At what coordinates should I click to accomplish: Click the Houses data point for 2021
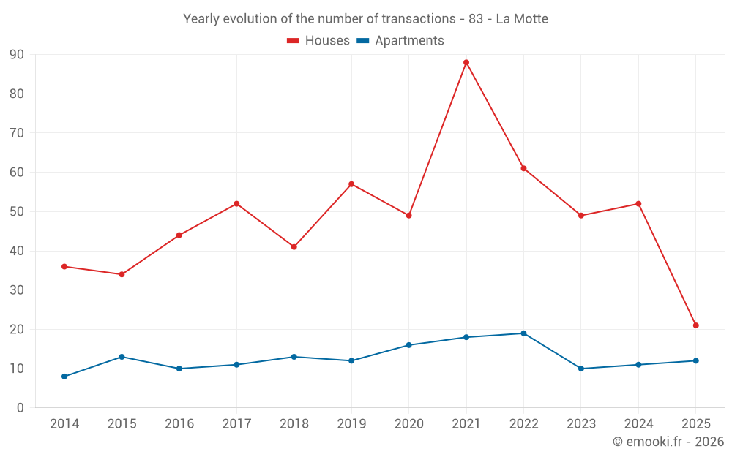coord(466,62)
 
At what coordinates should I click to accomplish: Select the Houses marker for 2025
coord(696,325)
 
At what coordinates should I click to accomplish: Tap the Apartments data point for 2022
coord(523,333)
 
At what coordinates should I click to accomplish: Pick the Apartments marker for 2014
coord(64,377)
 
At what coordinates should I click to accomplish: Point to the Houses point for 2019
coord(351,184)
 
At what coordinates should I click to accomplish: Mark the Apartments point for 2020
coord(408,345)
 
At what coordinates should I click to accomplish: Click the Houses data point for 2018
coord(294,247)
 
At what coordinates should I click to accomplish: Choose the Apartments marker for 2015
coord(122,357)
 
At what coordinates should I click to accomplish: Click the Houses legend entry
coord(318,41)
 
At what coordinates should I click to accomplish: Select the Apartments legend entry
coord(400,41)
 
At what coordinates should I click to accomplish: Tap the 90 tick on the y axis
coord(17,55)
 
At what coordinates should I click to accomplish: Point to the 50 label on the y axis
coord(17,212)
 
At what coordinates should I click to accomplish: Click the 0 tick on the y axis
coord(20,408)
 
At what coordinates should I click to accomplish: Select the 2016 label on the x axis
coord(179,424)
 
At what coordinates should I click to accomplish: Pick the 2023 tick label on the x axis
coord(581,424)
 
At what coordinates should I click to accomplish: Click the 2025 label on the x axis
coord(696,424)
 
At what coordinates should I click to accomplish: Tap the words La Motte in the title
coord(522,19)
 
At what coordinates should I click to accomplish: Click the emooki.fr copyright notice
coord(668,442)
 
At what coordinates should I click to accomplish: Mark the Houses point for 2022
coord(523,168)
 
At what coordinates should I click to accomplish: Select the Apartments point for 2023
coord(581,369)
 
